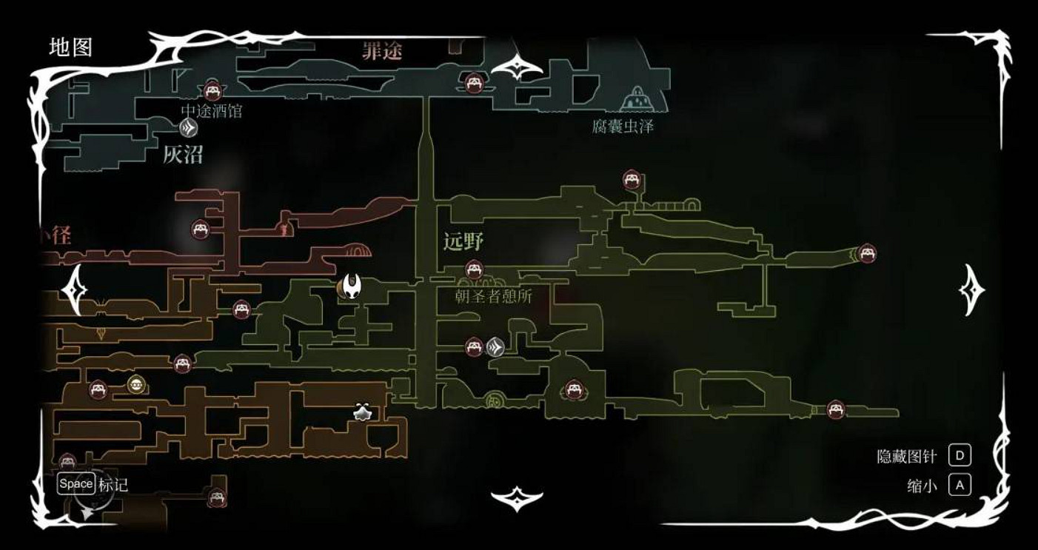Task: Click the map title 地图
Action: tap(70, 47)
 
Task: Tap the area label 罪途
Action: tap(382, 51)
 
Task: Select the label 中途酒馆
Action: tap(211, 112)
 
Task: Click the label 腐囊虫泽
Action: tap(623, 127)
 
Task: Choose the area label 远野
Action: tap(463, 242)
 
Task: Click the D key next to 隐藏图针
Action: tap(960, 455)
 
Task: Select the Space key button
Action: tap(76, 484)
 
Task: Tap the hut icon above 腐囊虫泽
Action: tap(634, 97)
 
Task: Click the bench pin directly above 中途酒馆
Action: tap(213, 91)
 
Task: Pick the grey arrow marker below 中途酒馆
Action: tap(189, 129)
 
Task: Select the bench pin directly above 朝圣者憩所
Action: tap(474, 269)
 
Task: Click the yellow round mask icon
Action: tap(135, 383)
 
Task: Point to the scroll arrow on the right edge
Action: tap(971, 289)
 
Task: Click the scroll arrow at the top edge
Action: tap(517, 68)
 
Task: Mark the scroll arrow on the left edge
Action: tap(74, 289)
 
